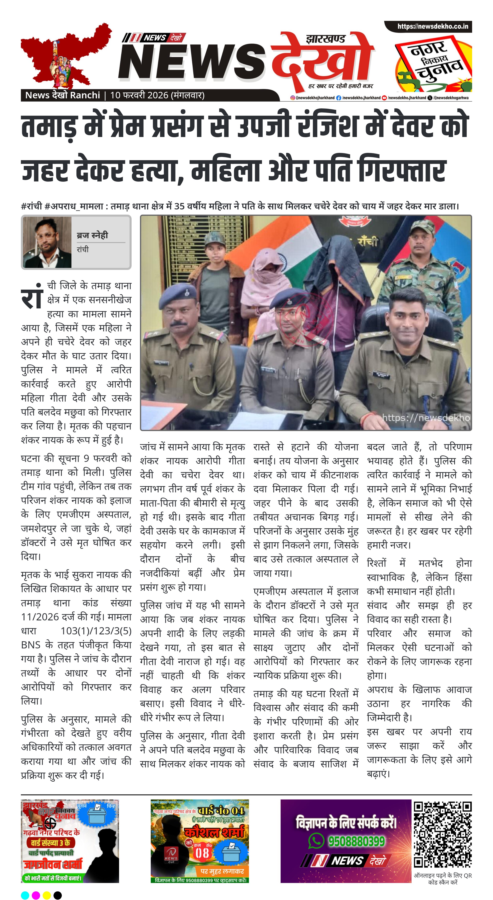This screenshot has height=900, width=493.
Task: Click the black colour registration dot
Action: tap(58, 895)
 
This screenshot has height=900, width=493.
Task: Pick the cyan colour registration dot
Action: tap(25, 895)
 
